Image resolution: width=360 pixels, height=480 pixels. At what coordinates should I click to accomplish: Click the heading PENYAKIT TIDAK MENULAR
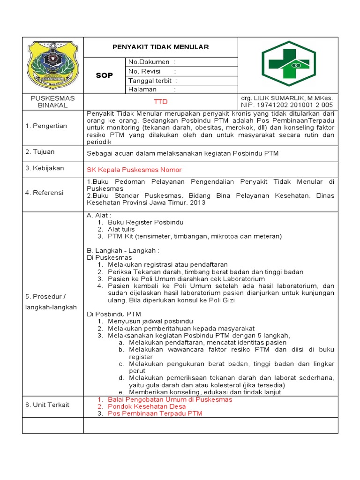click(x=160, y=47)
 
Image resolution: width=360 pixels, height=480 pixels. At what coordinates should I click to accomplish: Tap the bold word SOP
click(x=104, y=75)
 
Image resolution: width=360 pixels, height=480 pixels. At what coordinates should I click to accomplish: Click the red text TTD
click(x=160, y=102)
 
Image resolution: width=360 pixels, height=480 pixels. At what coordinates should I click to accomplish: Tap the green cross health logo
click(x=285, y=65)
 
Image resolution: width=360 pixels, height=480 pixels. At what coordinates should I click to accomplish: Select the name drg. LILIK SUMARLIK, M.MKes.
click(x=286, y=98)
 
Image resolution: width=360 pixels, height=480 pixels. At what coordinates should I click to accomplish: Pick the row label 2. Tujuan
click(x=40, y=152)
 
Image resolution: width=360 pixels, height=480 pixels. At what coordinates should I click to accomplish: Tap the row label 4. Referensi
click(x=45, y=193)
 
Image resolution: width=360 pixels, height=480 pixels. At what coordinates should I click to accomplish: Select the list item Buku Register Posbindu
click(x=145, y=222)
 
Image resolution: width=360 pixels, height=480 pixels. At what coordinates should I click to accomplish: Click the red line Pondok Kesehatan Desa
click(x=147, y=406)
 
